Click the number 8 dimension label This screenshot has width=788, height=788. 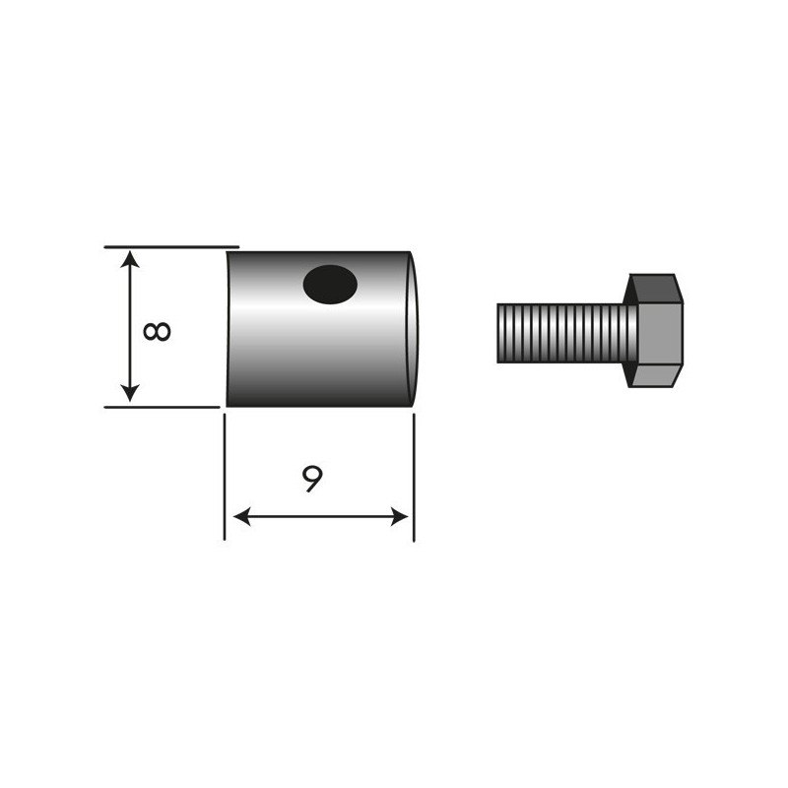coord(156,329)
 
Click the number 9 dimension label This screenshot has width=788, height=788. coord(311,480)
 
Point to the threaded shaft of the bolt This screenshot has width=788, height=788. coord(561,332)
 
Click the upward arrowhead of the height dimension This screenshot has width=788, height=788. coord(130,258)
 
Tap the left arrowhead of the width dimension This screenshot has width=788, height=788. coord(239,517)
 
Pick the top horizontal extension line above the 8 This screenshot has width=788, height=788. coord(172,246)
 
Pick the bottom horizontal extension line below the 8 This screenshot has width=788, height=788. coord(163,406)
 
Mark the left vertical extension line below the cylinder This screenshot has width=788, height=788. coord(226,478)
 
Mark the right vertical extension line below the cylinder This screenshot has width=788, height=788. coord(414,478)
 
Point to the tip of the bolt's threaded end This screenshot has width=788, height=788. coord(498,332)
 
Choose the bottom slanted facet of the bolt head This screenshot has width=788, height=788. coord(654,376)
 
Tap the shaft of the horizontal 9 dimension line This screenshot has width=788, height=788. coord(320,517)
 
